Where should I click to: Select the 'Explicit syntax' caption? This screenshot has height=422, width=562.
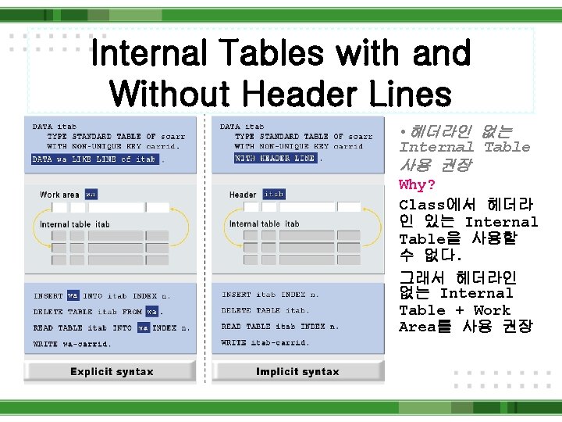click(112, 372)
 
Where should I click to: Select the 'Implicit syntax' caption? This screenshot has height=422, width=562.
click(297, 372)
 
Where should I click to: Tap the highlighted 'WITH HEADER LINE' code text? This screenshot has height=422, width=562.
click(275, 158)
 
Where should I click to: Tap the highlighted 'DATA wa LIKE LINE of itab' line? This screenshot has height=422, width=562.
click(94, 159)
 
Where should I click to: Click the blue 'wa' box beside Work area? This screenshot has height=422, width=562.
click(91, 194)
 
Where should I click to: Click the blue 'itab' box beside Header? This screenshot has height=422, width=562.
click(274, 194)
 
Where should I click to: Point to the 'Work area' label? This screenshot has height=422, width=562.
click(59, 195)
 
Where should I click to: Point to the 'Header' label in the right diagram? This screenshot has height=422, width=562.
click(243, 195)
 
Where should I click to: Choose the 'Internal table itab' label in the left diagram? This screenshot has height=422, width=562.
click(75, 224)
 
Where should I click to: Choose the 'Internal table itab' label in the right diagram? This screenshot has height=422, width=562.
click(264, 224)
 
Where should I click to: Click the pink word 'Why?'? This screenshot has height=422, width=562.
click(416, 185)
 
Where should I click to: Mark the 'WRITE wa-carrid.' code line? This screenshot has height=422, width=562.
click(72, 344)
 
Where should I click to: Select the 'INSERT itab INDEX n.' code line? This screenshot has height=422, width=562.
click(270, 295)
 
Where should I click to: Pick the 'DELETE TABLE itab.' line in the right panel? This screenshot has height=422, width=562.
click(265, 310)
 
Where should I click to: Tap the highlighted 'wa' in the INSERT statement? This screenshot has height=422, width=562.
click(73, 296)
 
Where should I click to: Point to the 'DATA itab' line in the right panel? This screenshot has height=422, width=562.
click(241, 127)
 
